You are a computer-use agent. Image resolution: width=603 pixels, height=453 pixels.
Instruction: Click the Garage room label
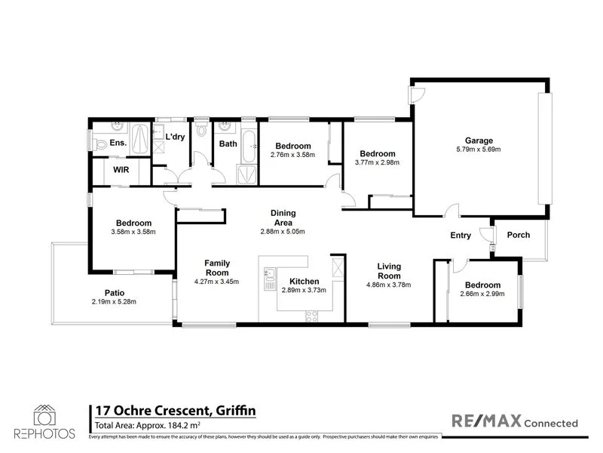click(479, 140)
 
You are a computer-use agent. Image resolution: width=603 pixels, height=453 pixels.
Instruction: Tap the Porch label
click(518, 235)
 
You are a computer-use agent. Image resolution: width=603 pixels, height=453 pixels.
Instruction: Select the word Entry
click(461, 236)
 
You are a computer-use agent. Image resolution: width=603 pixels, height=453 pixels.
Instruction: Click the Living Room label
click(389, 271)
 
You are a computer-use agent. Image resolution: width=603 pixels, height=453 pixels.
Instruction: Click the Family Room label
click(217, 268)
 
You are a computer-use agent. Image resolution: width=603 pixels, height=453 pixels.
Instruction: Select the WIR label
click(121, 170)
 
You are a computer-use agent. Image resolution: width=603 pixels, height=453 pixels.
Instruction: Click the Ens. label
click(118, 142)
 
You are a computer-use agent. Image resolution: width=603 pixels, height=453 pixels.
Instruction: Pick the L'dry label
click(175, 137)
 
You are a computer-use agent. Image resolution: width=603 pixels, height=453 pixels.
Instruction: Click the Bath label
click(228, 143)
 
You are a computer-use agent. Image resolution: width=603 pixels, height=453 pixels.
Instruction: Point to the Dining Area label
click(283, 217)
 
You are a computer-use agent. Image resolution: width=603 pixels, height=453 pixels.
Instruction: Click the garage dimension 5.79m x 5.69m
click(479, 149)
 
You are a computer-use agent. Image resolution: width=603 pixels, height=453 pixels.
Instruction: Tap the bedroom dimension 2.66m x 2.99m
click(482, 294)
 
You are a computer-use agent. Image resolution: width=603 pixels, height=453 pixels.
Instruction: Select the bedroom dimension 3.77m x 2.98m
click(378, 162)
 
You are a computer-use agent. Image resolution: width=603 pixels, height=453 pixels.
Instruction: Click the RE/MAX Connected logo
click(514, 422)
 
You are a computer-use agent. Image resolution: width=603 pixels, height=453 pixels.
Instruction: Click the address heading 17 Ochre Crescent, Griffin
click(174, 411)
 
